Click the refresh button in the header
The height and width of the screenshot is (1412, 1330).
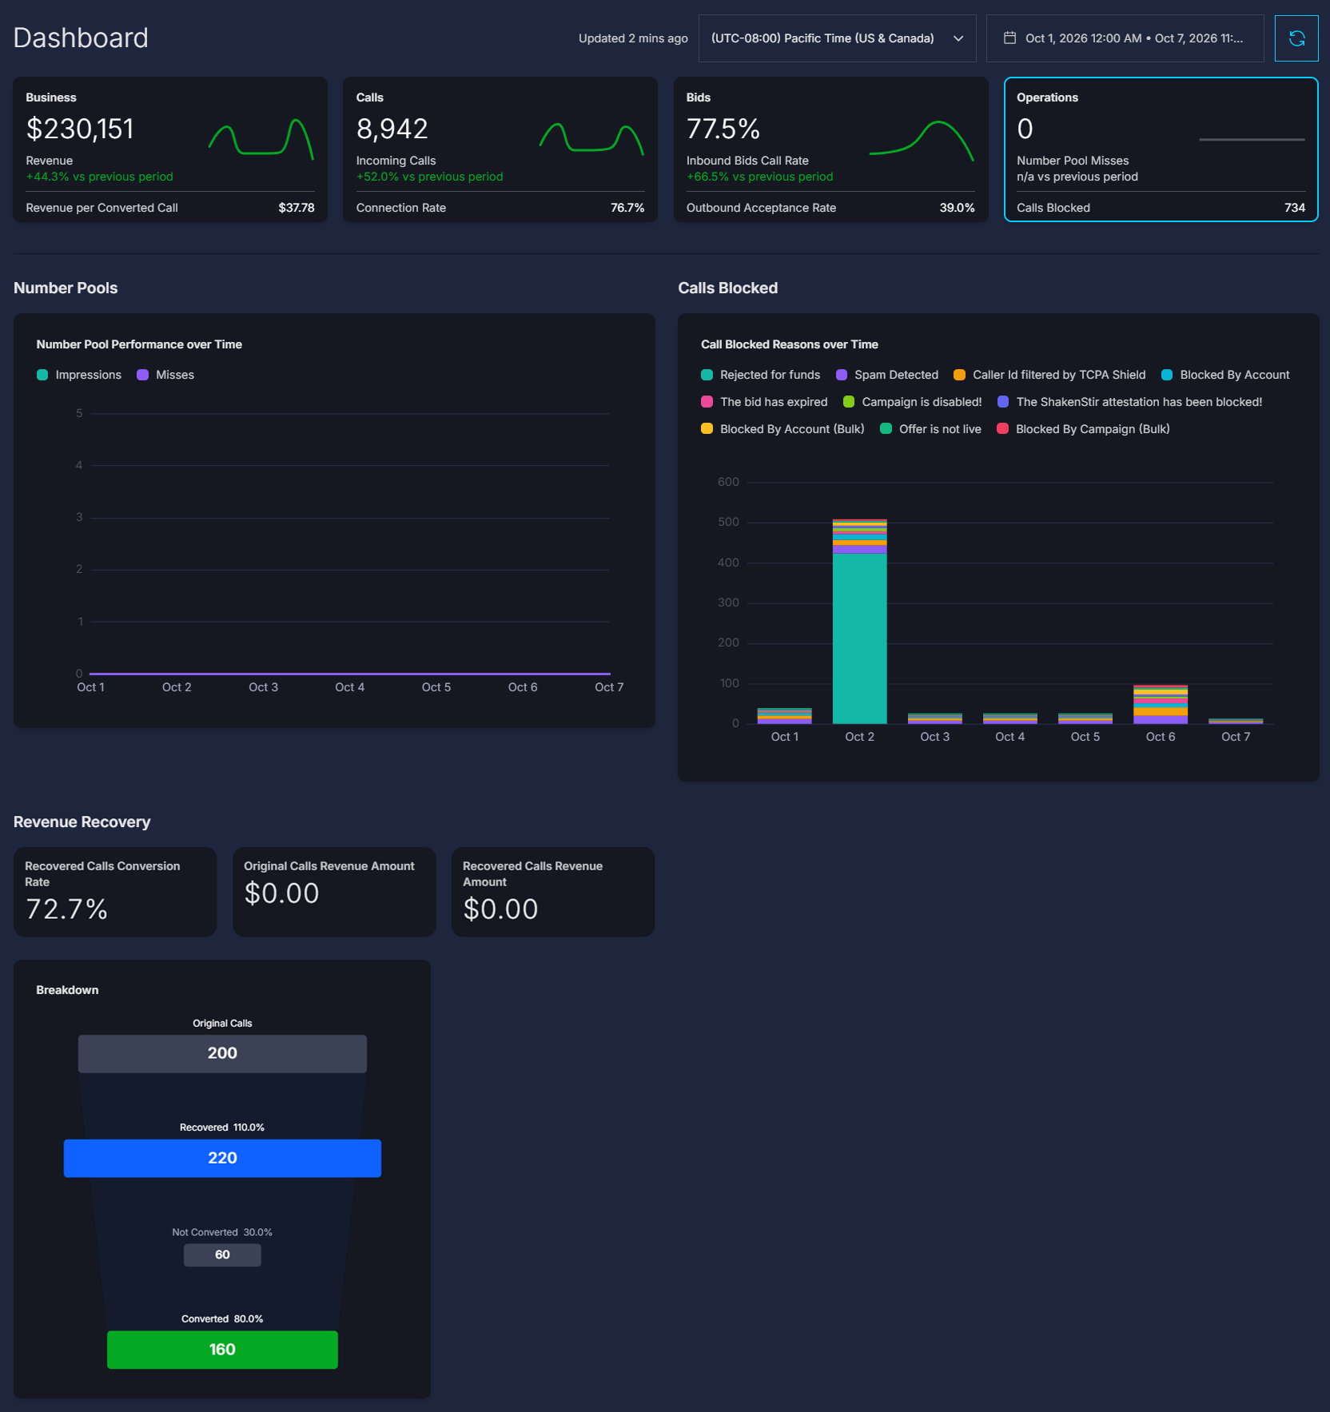tap(1296, 38)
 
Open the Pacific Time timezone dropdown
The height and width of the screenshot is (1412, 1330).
tap(837, 38)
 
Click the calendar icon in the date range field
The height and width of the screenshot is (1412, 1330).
tap(1009, 38)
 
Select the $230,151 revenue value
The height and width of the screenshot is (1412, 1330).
tap(80, 129)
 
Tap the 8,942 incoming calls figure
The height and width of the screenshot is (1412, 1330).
tap(392, 129)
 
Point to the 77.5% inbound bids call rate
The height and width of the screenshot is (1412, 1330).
tap(723, 129)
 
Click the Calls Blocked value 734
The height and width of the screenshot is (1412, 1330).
tap(1295, 208)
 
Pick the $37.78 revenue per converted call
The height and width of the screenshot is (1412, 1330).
tap(297, 208)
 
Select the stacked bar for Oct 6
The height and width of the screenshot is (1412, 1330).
tap(1161, 704)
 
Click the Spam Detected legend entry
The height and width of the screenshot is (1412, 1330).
tap(887, 375)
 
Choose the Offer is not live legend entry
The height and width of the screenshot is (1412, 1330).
tap(930, 429)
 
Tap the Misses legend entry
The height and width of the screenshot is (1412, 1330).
tap(165, 375)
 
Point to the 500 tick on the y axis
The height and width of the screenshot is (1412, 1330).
tap(728, 522)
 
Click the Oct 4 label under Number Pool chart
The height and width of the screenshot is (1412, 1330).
tap(349, 687)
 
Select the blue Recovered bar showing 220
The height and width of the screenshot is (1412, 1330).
tap(222, 1158)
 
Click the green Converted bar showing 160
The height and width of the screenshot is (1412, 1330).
tap(222, 1350)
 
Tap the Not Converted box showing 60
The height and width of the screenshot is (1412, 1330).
tap(222, 1255)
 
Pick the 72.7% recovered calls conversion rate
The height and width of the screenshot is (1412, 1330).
tap(66, 909)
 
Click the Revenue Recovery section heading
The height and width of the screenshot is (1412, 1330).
tap(82, 822)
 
